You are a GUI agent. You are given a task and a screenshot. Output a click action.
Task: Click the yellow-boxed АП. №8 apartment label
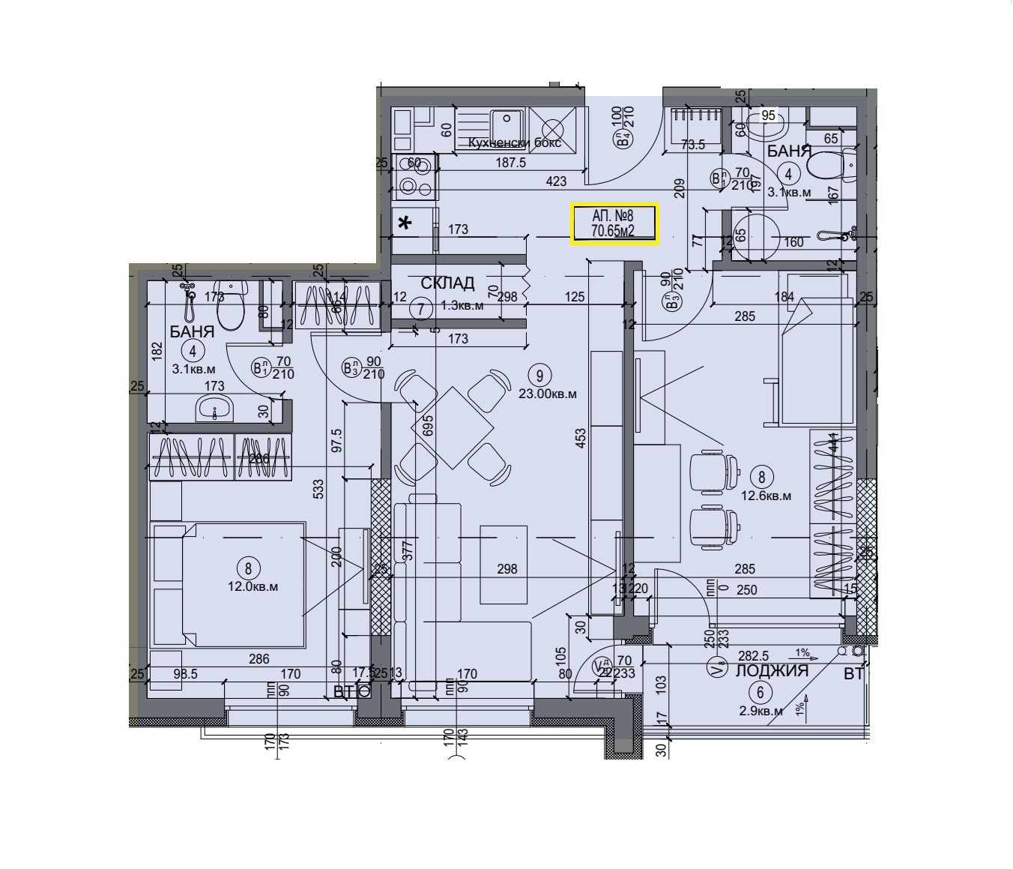614,224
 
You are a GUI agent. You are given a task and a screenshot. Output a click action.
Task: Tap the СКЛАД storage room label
447,283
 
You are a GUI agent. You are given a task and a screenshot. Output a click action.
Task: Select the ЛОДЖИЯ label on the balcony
772,671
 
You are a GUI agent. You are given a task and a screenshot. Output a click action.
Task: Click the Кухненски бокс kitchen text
514,143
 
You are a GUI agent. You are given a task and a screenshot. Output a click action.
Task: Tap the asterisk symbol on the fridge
405,223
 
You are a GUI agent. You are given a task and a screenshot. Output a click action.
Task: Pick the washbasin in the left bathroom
215,409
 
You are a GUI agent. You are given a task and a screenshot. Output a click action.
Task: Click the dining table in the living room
452,427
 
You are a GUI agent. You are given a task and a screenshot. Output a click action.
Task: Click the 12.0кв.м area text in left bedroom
253,587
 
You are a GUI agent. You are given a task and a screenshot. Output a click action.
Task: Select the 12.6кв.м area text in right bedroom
766,496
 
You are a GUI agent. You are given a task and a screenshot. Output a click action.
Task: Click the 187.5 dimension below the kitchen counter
510,163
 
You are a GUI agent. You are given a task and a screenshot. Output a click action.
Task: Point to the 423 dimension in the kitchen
556,181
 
